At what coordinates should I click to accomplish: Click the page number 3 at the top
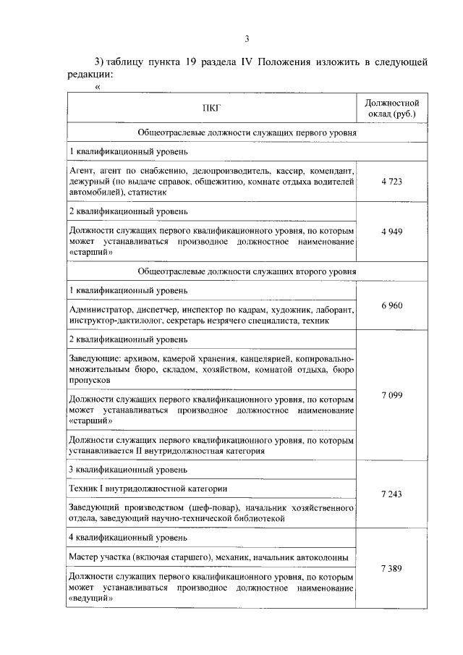click(x=247, y=38)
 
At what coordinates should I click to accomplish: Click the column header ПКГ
click(x=212, y=109)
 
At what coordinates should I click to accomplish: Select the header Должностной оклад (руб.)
click(x=391, y=109)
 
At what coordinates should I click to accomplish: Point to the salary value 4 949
click(x=391, y=232)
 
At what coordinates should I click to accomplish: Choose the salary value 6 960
click(x=391, y=305)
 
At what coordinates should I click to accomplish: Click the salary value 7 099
click(x=391, y=395)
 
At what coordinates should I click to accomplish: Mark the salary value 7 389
click(x=391, y=569)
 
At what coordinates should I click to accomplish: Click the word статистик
click(x=148, y=193)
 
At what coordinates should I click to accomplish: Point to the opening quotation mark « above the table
click(x=98, y=88)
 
